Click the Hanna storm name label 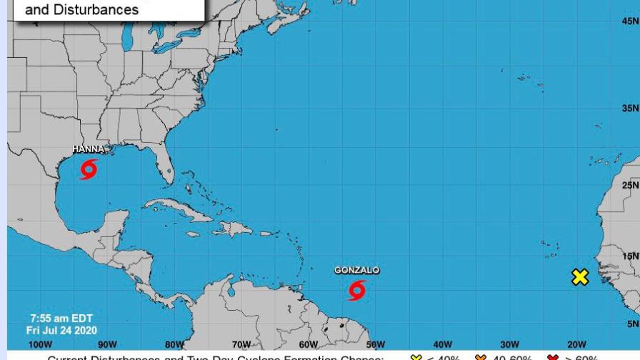pos(88,150)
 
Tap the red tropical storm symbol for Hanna pos(89,169)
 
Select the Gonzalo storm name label pos(356,271)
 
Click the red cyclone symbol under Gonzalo pos(356,290)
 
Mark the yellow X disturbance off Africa pos(580,277)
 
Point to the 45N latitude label pos(630,21)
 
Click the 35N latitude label pos(630,109)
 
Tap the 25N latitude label pos(630,186)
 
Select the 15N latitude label pos(630,256)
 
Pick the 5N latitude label pos(633,324)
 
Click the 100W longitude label pos(40,345)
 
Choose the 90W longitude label pos(107,345)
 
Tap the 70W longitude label pos(241,345)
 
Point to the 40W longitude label pos(442,345)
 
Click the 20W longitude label pos(576,345)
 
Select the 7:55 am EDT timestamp pos(61,319)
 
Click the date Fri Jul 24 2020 pos(61,330)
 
